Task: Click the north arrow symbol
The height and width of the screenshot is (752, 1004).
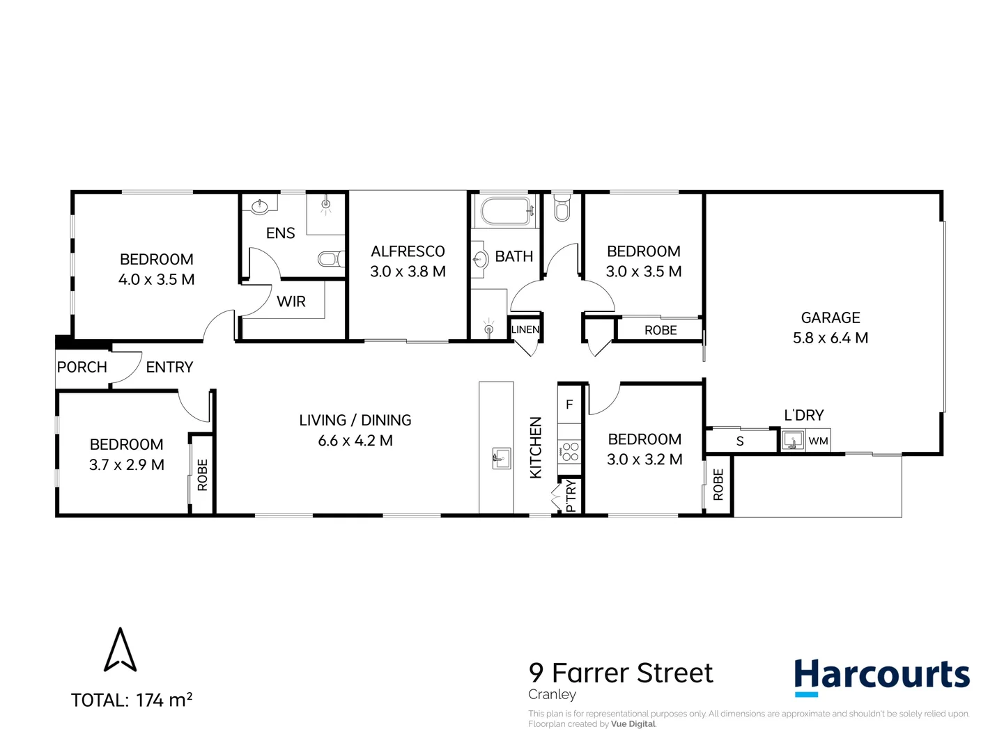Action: click(x=120, y=650)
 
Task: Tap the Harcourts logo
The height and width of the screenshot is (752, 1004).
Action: click(x=881, y=676)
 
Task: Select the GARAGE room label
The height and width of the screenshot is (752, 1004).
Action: click(x=831, y=318)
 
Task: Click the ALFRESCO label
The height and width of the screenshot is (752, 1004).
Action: click(x=408, y=251)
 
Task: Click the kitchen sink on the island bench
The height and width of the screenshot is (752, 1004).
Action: click(x=501, y=458)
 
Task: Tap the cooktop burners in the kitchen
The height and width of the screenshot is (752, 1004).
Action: click(x=570, y=452)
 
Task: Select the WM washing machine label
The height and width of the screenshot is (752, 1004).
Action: click(x=818, y=441)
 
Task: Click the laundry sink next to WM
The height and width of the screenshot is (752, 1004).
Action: click(x=792, y=441)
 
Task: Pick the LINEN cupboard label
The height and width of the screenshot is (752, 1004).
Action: click(x=525, y=329)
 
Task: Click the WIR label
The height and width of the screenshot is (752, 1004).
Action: click(x=291, y=301)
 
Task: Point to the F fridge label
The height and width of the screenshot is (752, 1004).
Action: click(x=569, y=405)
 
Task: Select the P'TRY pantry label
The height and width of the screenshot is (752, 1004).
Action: click(x=571, y=496)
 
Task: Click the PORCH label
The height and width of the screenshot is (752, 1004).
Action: click(x=82, y=367)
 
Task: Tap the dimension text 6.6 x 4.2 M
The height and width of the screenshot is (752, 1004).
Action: click(x=355, y=441)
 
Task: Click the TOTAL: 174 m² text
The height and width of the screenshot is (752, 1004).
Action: click(x=132, y=700)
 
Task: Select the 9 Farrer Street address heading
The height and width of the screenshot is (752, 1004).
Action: click(x=621, y=673)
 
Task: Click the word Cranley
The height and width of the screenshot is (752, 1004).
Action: click(x=552, y=695)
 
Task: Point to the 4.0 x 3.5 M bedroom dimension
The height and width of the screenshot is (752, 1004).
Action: click(x=157, y=280)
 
